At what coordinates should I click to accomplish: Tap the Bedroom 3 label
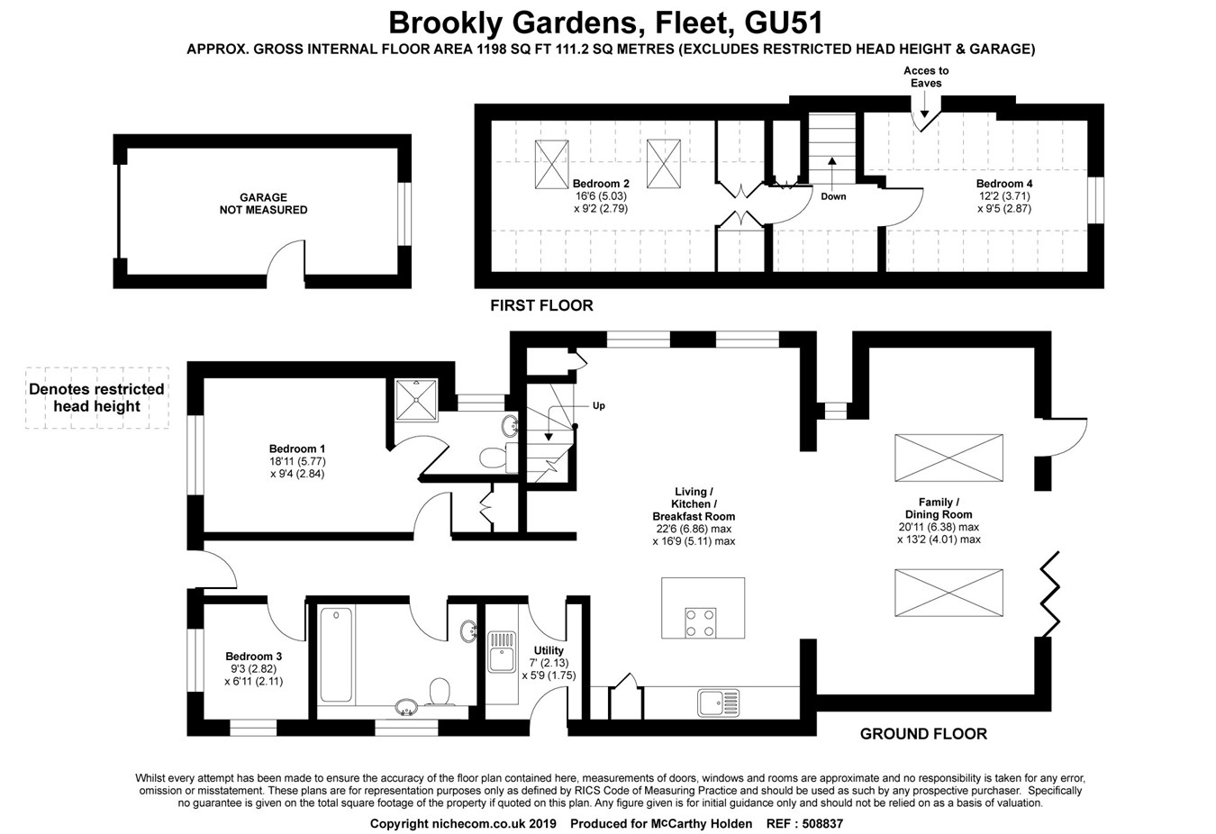point(253,657)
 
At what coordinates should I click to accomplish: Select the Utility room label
point(549,650)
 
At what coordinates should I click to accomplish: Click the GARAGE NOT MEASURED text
point(263,204)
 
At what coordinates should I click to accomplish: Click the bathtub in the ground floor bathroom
point(336,655)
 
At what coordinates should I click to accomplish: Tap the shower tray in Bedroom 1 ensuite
point(416,399)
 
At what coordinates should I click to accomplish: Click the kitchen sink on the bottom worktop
point(718,702)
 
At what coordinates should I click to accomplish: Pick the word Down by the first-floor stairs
point(833,196)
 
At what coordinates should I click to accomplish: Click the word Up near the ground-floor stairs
point(599,405)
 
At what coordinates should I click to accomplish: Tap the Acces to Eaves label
point(926,77)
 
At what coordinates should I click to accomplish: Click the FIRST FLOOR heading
point(541,305)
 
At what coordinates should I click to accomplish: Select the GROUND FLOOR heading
point(923,733)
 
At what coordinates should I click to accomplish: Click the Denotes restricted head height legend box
point(97,397)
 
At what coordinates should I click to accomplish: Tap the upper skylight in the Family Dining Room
point(948,458)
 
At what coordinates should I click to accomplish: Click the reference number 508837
point(817,823)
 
